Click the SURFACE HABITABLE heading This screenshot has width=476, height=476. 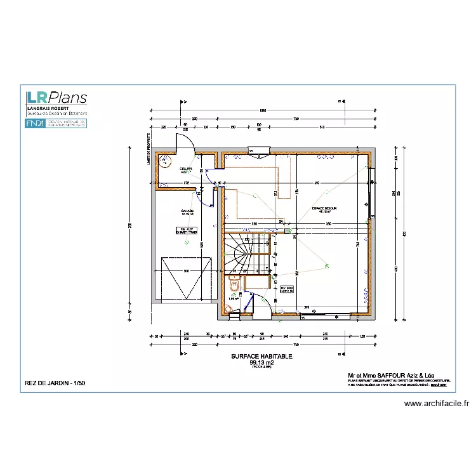(x=261, y=357)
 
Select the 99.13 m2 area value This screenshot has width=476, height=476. (x=261, y=362)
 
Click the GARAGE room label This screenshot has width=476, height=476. (x=187, y=211)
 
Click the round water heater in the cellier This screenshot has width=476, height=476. (x=167, y=161)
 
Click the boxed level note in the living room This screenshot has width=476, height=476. (x=287, y=290)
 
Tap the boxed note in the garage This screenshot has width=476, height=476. (x=185, y=232)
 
